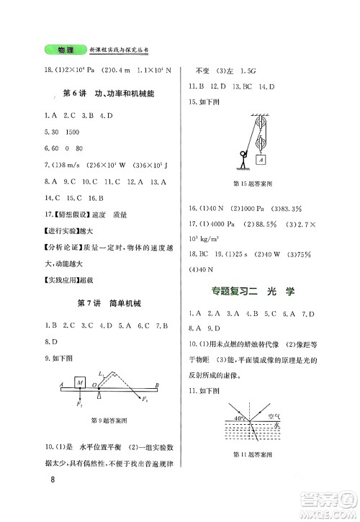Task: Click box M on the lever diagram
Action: click(81, 380)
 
